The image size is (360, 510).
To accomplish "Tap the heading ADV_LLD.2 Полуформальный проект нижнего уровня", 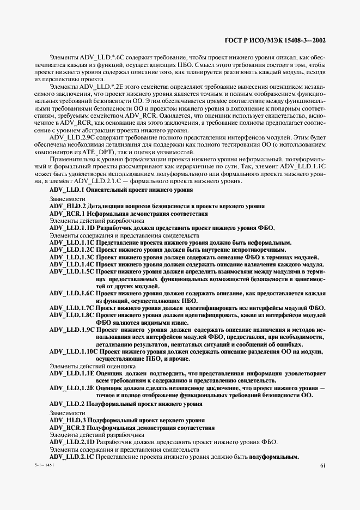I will [x=125, y=404].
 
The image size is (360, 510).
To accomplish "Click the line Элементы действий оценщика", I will [x=85, y=366].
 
